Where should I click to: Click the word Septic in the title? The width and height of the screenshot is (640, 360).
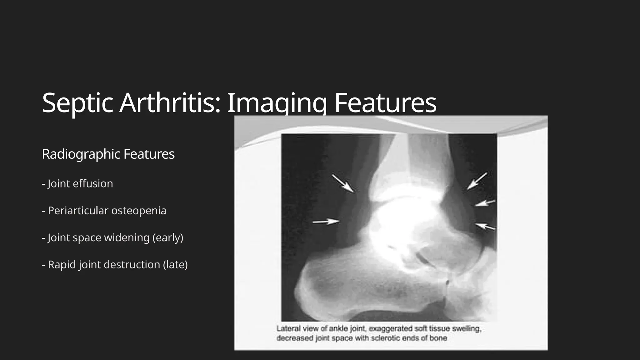click(77, 103)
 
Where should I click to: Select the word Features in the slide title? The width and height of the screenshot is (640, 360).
click(385, 103)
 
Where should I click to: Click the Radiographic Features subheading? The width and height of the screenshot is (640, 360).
click(108, 154)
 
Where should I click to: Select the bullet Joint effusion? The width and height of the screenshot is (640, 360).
click(77, 184)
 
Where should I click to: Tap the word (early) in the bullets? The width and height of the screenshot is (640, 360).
click(168, 238)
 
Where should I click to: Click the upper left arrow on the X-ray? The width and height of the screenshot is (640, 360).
click(343, 183)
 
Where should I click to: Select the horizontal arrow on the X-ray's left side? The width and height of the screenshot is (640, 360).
click(326, 222)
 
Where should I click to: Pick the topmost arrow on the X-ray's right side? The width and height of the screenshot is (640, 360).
click(477, 181)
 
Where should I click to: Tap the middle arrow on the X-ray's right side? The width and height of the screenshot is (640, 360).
click(485, 203)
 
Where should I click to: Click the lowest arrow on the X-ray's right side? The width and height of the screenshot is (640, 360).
click(485, 226)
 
